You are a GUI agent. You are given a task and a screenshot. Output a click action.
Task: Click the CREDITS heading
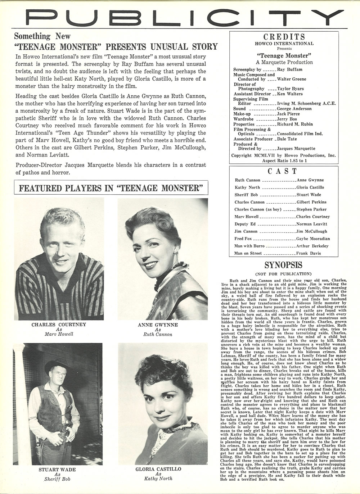[x=284, y=37]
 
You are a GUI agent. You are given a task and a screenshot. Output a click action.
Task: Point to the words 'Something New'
[x=42, y=36]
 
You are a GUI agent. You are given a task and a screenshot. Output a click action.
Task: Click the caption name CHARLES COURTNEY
[x=59, y=324]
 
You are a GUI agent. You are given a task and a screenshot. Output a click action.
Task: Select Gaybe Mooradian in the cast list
[x=313, y=239]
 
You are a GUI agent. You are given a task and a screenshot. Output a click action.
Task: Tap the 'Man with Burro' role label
[x=249, y=246]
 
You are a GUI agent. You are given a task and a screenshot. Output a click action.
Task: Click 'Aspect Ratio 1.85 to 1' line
[x=284, y=160]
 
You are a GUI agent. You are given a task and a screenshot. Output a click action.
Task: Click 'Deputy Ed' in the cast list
[x=245, y=224]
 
